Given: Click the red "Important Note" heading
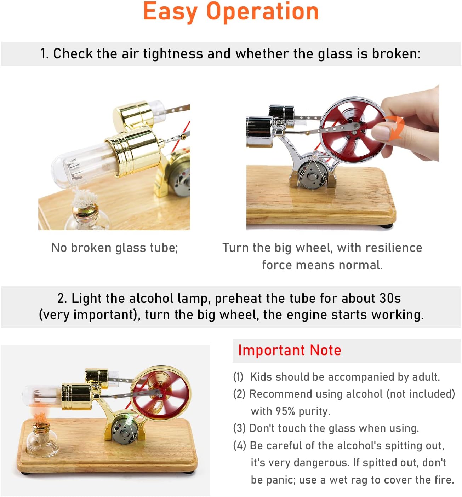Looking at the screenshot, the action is [x=289, y=350].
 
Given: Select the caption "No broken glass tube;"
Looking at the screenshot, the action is [x=115, y=248].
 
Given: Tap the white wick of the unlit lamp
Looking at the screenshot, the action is [x=84, y=198].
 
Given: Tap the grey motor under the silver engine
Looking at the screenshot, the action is [x=313, y=175].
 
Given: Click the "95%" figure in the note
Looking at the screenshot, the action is [x=285, y=411].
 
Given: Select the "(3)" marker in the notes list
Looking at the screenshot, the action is [x=239, y=428].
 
